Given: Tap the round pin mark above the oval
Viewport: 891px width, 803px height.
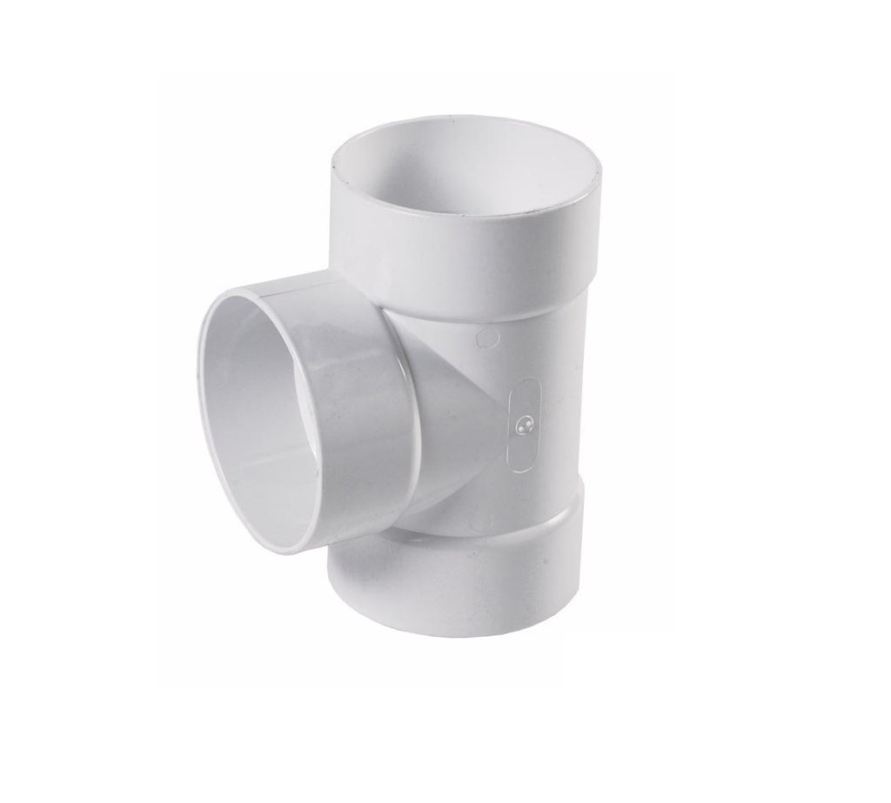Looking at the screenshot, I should click(487, 336).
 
